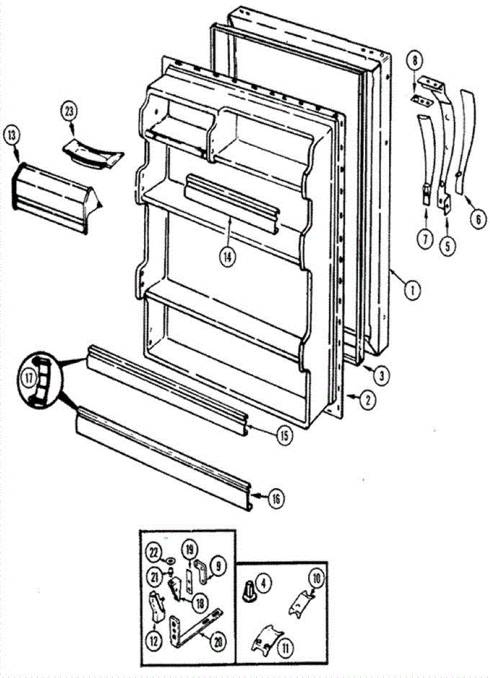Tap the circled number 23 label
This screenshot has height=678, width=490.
point(69,111)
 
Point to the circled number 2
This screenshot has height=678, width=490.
point(366,401)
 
